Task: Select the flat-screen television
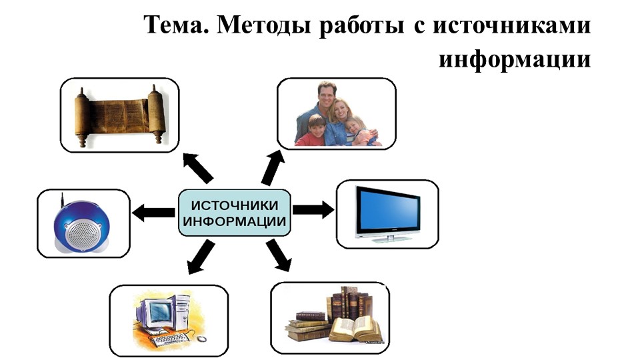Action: (x=387, y=211)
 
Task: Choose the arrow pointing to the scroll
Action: (x=199, y=169)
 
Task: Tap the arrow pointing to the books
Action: (x=279, y=255)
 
